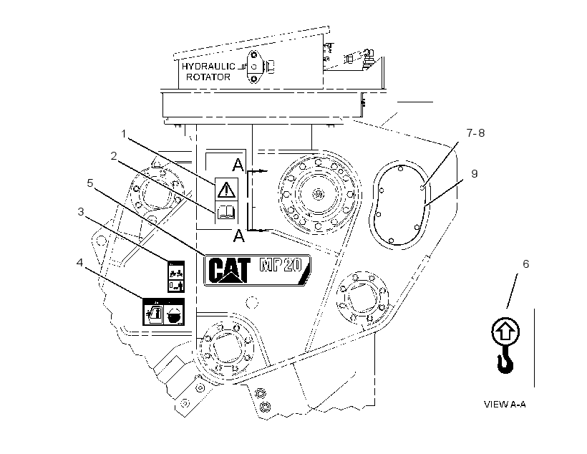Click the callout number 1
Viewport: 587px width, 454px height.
click(x=124, y=133)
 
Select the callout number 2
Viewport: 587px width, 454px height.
click(x=114, y=156)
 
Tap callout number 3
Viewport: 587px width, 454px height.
click(x=81, y=212)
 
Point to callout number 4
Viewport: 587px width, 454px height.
click(x=79, y=263)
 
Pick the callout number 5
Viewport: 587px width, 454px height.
click(x=90, y=183)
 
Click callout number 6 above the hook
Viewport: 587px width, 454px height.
click(x=526, y=264)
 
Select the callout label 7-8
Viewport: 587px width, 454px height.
click(x=475, y=133)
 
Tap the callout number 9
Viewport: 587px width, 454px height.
click(x=475, y=174)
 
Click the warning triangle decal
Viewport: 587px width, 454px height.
click(x=226, y=189)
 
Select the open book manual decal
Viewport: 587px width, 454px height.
click(x=226, y=212)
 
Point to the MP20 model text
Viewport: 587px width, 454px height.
click(x=281, y=265)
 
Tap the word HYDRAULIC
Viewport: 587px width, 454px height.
click(x=208, y=67)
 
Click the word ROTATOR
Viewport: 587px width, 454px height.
click(x=208, y=77)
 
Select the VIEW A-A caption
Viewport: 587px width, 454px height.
click(x=505, y=405)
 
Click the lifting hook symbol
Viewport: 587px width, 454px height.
click(x=505, y=360)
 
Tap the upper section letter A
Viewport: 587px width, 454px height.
click(x=238, y=165)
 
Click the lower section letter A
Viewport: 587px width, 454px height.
click(x=238, y=236)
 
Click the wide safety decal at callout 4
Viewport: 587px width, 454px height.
click(x=164, y=312)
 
